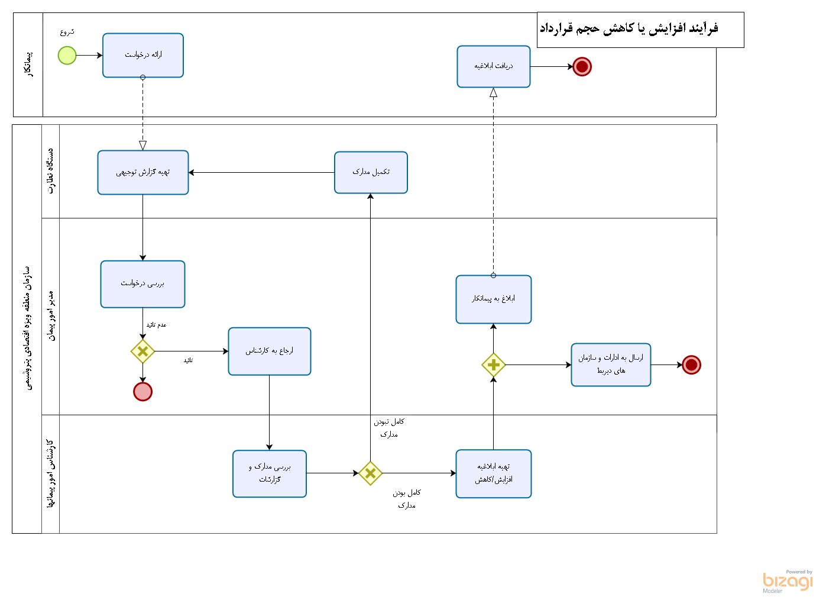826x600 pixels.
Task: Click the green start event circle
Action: [x=67, y=56]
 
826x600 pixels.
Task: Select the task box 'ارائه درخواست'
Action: [x=143, y=55]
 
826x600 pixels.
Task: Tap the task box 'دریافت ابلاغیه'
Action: [x=494, y=66]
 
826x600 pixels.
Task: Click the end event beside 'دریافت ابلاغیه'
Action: [x=582, y=67]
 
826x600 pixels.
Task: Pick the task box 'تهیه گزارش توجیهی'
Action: [x=143, y=172]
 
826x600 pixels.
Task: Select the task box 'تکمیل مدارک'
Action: [x=371, y=172]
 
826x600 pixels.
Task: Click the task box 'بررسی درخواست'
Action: [x=142, y=284]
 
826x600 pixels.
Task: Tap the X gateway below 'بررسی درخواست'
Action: [x=142, y=351]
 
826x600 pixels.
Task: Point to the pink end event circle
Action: [x=142, y=392]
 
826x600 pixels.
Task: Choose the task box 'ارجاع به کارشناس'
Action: [x=270, y=351]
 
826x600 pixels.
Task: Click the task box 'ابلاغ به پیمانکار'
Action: [x=494, y=299]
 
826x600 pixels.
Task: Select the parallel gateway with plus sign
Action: [x=494, y=365]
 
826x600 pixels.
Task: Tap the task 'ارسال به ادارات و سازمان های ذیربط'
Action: [x=611, y=364]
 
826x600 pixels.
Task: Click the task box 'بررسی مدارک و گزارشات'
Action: [x=270, y=473]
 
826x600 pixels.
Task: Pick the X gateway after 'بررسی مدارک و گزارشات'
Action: [x=371, y=473]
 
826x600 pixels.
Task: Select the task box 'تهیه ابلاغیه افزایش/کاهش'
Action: [x=494, y=473]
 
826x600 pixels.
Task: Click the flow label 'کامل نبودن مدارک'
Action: [x=389, y=428]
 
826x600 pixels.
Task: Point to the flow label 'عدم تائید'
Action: [x=157, y=325]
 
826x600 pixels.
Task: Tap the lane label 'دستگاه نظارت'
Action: [x=51, y=171]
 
